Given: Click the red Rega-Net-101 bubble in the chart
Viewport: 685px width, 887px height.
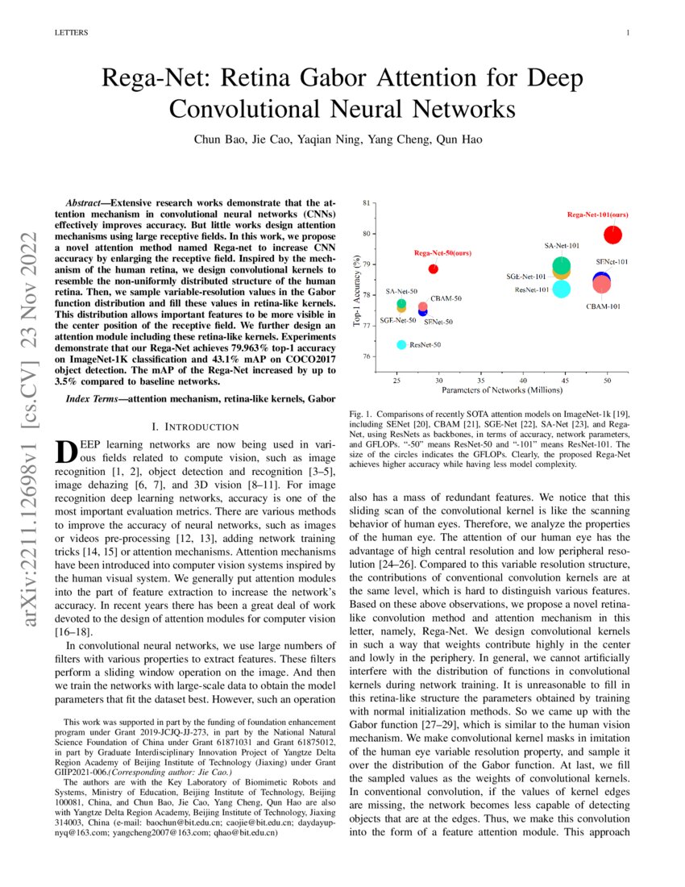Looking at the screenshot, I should (x=613, y=235).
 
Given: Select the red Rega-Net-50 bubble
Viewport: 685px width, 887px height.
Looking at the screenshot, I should (x=434, y=269).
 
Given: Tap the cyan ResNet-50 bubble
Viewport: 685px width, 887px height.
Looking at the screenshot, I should (x=401, y=344).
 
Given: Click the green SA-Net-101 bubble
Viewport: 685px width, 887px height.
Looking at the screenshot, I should (x=562, y=264).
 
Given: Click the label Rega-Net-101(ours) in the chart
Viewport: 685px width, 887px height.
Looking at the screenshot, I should (x=597, y=215).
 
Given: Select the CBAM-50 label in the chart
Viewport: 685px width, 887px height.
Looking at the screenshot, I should (x=446, y=298).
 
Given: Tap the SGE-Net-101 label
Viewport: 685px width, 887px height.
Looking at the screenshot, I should (x=526, y=277).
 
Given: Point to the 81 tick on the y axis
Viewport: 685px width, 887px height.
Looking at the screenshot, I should (x=367, y=203).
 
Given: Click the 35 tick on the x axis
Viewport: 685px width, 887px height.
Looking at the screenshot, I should (x=480, y=379).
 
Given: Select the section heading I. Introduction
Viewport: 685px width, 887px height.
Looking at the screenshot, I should (x=195, y=426).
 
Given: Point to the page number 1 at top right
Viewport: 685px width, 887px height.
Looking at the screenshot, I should (x=627, y=33).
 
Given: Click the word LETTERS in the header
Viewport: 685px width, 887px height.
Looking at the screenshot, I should (x=70, y=33).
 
